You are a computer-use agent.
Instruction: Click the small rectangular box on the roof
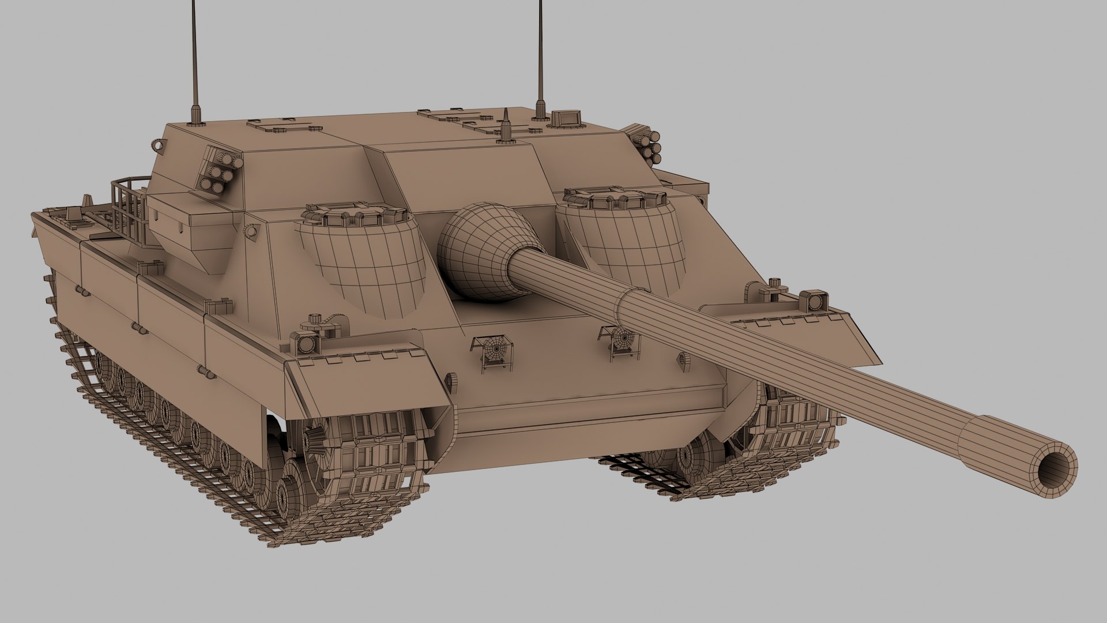point(564,118)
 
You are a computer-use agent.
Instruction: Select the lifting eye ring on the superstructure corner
point(159,142)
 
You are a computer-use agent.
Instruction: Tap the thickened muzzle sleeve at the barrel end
point(1003,456)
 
